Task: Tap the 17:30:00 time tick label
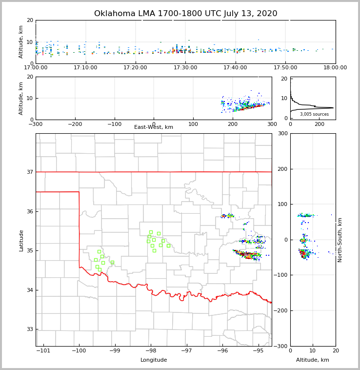click(185, 67)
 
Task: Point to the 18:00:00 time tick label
click(335, 67)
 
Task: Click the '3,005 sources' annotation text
click(314, 114)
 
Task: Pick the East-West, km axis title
click(154, 127)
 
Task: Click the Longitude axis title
click(154, 360)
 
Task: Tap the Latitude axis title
click(21, 240)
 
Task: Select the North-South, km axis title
click(340, 240)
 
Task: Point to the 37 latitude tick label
click(29, 172)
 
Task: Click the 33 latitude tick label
click(29, 329)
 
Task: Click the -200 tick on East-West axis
click(75, 124)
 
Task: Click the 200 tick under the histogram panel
click(320, 124)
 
